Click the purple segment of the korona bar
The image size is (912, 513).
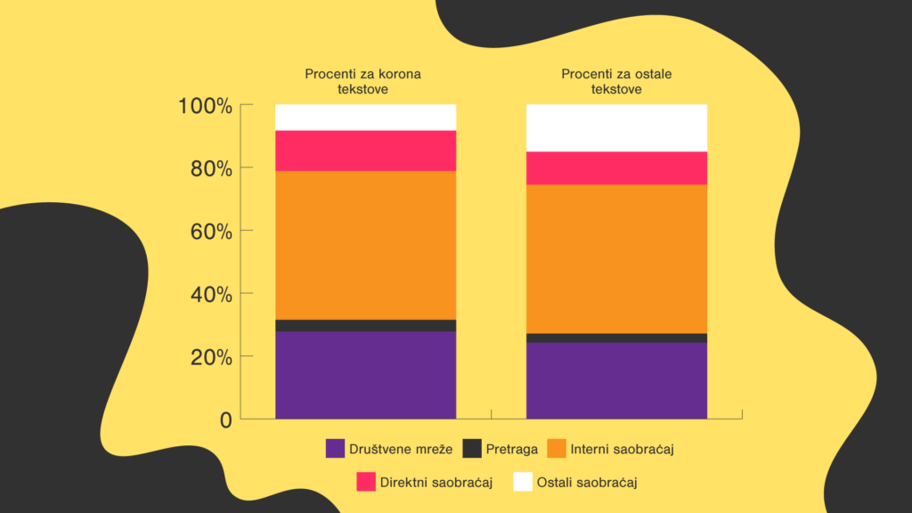[365, 374]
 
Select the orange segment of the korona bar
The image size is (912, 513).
[365, 245]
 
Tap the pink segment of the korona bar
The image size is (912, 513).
[365, 151]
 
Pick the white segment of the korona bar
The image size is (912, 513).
[365, 118]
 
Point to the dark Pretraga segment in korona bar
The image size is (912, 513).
[365, 325]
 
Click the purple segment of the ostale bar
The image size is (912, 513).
[616, 379]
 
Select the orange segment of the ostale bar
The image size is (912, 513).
[616, 258]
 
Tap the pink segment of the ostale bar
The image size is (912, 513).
[616, 167]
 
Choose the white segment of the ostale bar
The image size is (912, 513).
[616, 127]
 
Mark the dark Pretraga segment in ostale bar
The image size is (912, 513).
[616, 338]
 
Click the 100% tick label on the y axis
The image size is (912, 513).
[205, 106]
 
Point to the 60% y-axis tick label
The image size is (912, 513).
[211, 232]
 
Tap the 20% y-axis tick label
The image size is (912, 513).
[211, 357]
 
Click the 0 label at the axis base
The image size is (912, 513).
[225, 419]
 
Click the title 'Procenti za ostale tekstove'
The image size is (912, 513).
[615, 81]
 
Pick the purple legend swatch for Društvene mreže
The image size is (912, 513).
[336, 448]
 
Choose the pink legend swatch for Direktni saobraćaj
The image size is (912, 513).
[366, 482]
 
